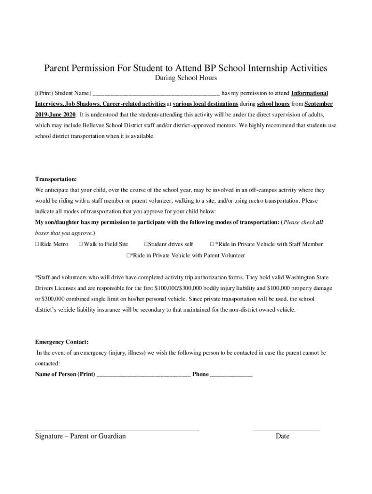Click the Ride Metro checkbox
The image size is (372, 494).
tap(37, 244)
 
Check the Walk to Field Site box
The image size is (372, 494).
tap(81, 244)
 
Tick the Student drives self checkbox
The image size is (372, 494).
tap(146, 244)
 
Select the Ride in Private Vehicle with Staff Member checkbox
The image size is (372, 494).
tap(212, 244)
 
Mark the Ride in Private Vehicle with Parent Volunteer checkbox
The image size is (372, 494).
tap(129, 255)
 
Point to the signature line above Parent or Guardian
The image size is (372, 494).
tap(117, 429)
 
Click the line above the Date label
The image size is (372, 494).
tap(286, 429)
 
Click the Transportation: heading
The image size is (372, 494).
tap(56, 179)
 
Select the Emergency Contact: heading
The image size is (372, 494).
tap(61, 342)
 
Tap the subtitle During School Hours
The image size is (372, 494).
tap(186, 78)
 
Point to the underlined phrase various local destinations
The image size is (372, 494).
tap(205, 104)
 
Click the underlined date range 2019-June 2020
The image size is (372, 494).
tap(56, 115)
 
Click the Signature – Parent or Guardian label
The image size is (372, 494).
tap(80, 436)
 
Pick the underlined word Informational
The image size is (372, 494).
tap(310, 93)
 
